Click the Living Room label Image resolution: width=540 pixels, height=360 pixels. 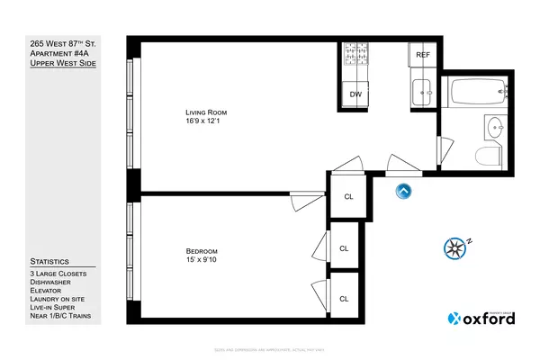(200, 112)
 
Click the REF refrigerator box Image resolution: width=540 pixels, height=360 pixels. (422, 55)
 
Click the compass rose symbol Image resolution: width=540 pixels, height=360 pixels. (456, 247)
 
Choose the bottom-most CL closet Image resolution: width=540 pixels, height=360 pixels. (343, 298)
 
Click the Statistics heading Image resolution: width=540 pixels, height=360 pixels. (49, 261)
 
